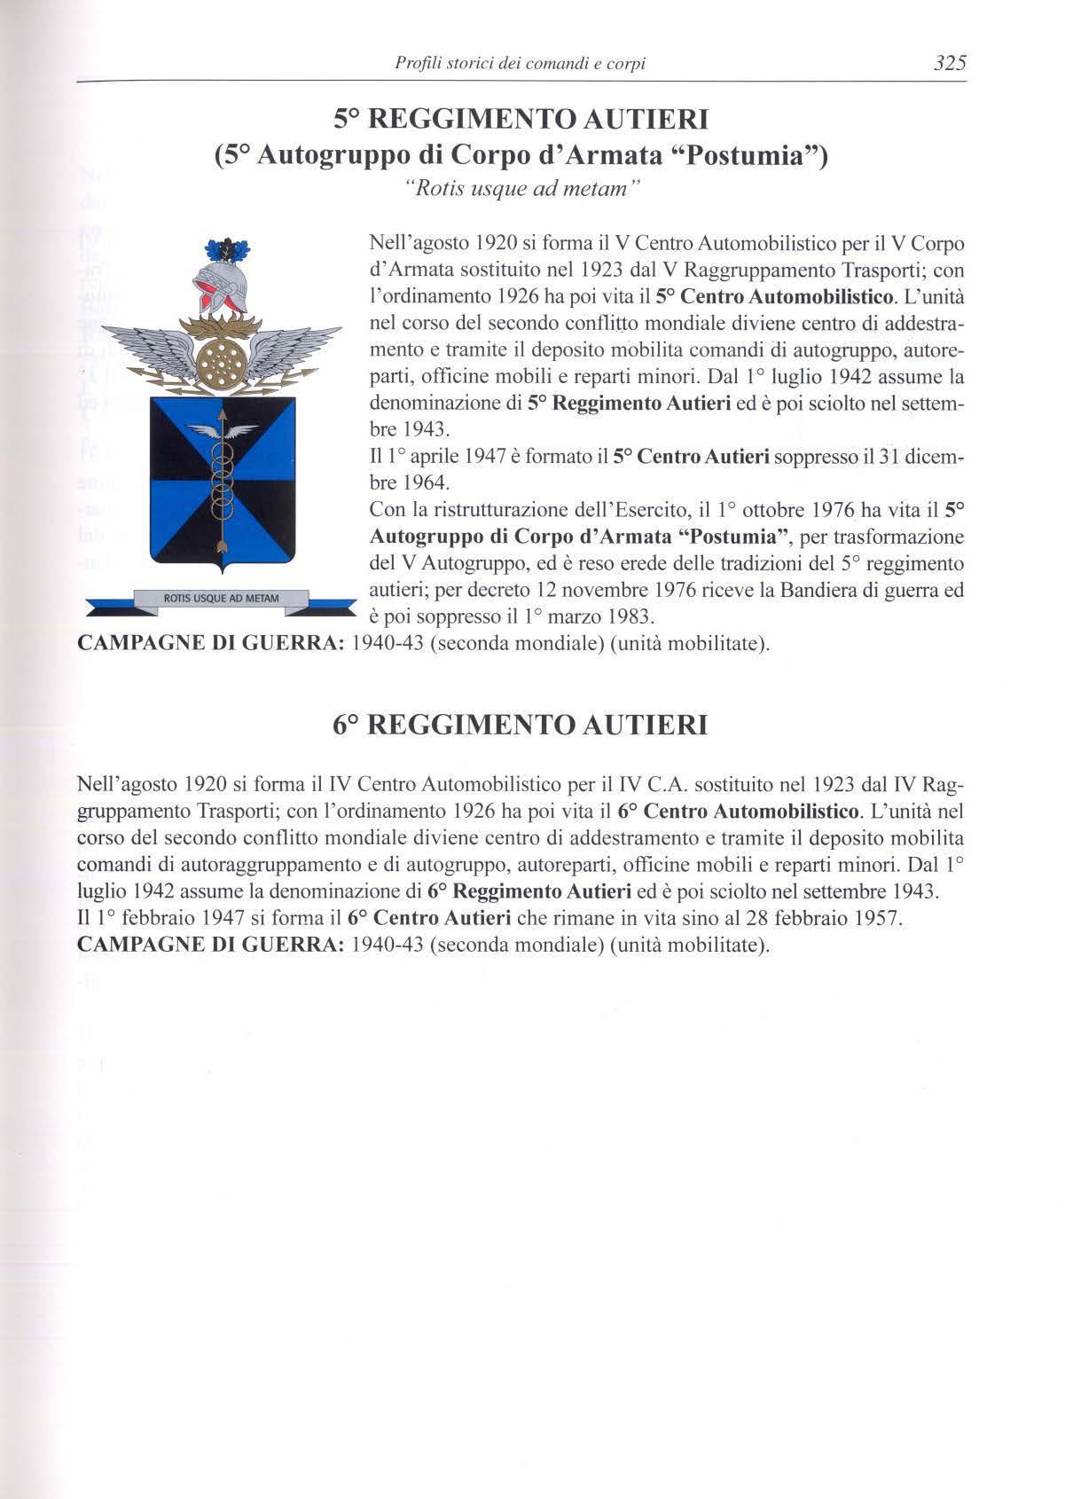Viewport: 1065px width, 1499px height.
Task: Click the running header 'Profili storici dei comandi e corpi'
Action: coord(520,63)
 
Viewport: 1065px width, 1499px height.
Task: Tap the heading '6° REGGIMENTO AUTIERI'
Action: coord(521,725)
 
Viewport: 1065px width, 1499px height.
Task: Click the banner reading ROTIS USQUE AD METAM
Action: coord(222,599)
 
